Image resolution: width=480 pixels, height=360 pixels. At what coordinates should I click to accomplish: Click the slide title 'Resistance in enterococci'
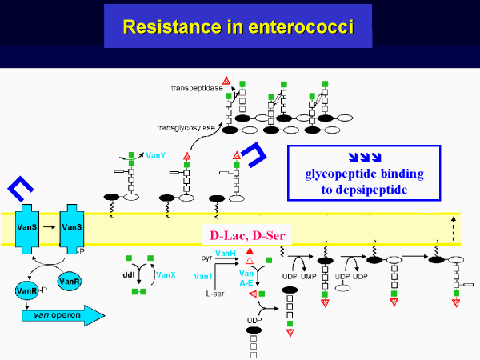tap(238, 26)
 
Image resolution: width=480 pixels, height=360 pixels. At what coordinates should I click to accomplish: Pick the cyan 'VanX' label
tap(166, 274)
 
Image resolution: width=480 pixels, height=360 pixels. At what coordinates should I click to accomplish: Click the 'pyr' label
tap(206, 259)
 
